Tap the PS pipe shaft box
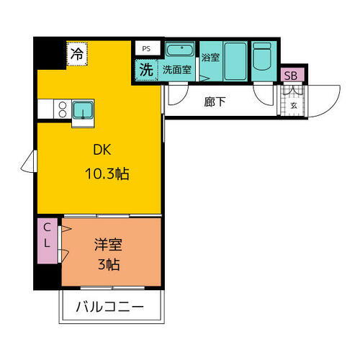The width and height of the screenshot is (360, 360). tap(146, 48)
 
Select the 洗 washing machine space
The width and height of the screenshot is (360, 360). tap(146, 70)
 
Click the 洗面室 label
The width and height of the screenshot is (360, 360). tap(177, 70)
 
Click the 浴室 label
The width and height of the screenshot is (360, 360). tap(210, 58)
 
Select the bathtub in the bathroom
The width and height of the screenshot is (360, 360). tap(235, 61)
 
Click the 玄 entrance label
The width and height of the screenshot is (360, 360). tap(294, 105)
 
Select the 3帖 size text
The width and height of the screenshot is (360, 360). tap(108, 264)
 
